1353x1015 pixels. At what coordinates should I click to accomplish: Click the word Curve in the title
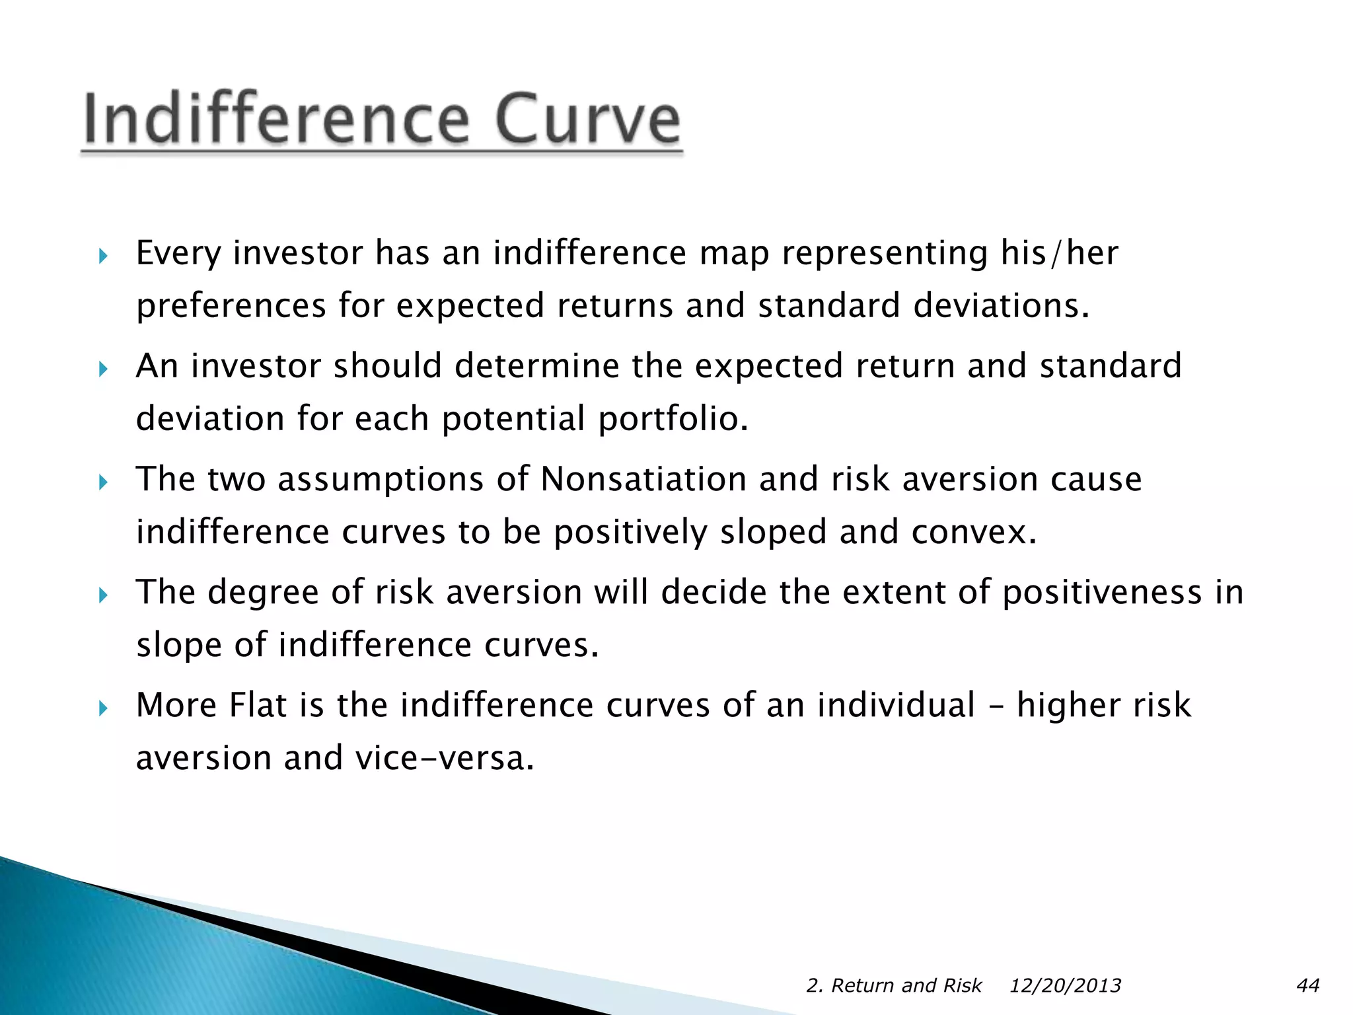[587, 119]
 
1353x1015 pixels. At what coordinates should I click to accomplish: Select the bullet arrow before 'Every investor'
[102, 256]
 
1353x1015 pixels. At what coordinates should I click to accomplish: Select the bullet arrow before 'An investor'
[102, 369]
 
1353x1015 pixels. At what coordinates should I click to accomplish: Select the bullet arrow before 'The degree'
[102, 595]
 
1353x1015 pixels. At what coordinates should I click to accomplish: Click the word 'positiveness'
[1102, 592]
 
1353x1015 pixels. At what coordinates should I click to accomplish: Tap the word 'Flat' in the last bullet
[258, 704]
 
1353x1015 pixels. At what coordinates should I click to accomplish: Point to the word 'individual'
[896, 704]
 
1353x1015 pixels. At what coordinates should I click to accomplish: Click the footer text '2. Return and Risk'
[894, 985]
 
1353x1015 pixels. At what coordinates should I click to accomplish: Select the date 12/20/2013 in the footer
[1065, 985]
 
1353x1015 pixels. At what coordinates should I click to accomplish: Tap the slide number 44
[1308, 985]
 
